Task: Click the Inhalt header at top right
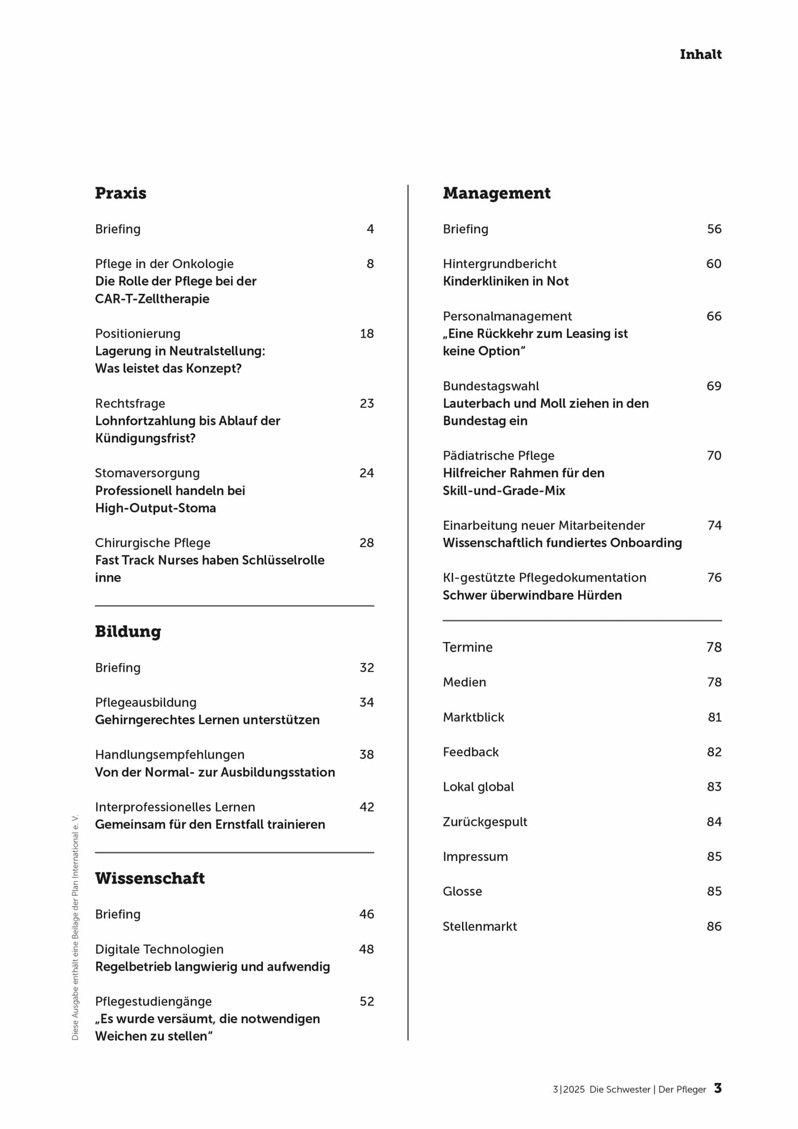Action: (700, 54)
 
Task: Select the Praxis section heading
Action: (120, 193)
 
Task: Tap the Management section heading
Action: (496, 193)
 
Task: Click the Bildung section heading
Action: (128, 632)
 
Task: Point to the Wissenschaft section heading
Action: (149, 878)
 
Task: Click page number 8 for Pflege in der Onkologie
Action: (370, 264)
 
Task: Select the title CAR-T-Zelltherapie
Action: (152, 299)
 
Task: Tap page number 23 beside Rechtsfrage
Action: (366, 403)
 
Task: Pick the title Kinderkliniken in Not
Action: (505, 281)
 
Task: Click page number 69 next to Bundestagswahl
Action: (713, 386)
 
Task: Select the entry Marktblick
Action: (473, 717)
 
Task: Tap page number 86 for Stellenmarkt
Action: (714, 926)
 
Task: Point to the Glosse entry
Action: (462, 891)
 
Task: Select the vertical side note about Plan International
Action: (75, 927)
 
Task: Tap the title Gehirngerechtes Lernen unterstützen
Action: (207, 719)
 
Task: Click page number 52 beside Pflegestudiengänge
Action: (366, 1001)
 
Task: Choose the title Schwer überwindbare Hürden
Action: (532, 595)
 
